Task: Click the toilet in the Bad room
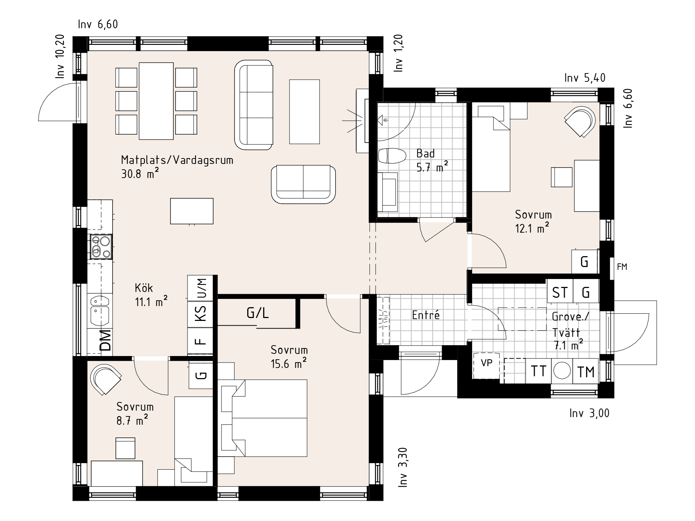[392, 156]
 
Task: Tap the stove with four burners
[101, 246]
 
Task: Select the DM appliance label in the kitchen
[105, 340]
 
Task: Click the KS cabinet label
[201, 313]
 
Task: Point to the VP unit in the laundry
[486, 363]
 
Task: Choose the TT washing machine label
[538, 371]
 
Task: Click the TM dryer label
[586, 372]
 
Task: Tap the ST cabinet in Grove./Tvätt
[560, 292]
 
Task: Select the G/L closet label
[258, 313]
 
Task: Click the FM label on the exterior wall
[622, 267]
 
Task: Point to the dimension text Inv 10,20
[60, 56]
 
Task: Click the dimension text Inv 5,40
[585, 78]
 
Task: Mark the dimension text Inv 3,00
[589, 413]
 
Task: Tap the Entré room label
[426, 315]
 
